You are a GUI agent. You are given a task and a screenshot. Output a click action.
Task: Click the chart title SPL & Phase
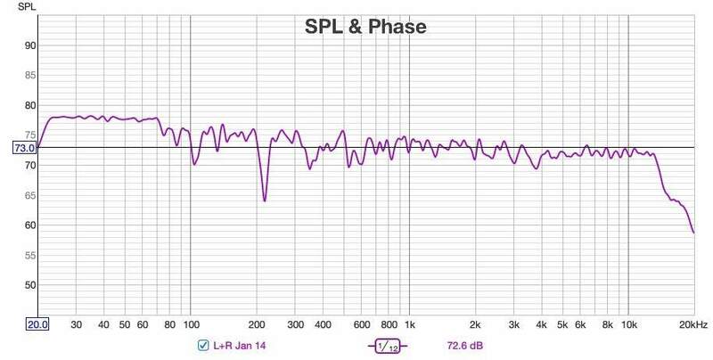[361, 28]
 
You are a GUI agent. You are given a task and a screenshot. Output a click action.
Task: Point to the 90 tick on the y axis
[29, 45]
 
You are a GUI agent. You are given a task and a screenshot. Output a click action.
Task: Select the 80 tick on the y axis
[29, 105]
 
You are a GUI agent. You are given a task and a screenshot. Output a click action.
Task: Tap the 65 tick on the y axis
[29, 195]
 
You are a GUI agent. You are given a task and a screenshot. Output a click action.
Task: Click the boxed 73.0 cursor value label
[23, 147]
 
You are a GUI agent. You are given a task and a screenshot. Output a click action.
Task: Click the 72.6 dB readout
[464, 345]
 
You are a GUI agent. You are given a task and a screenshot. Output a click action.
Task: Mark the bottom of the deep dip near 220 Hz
[265, 200]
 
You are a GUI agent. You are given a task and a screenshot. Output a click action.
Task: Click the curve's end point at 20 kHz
[693, 233]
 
